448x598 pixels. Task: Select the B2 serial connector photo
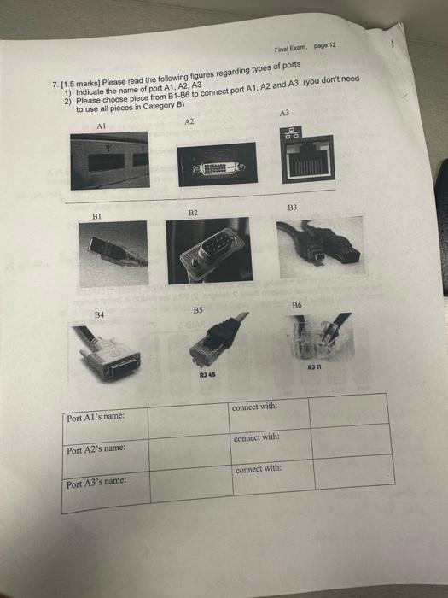[209, 248]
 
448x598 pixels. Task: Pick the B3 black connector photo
[317, 243]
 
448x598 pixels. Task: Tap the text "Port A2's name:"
[96, 449]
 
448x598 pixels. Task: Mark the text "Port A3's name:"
[96, 484]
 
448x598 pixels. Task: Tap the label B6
[296, 305]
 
